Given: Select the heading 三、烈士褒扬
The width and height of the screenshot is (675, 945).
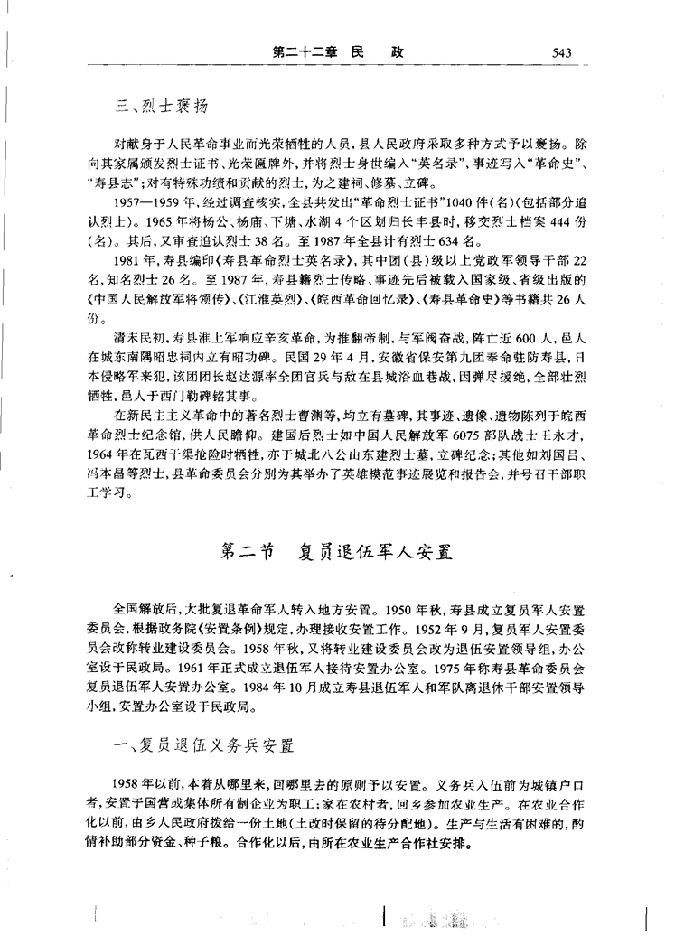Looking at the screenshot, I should click(162, 108).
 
